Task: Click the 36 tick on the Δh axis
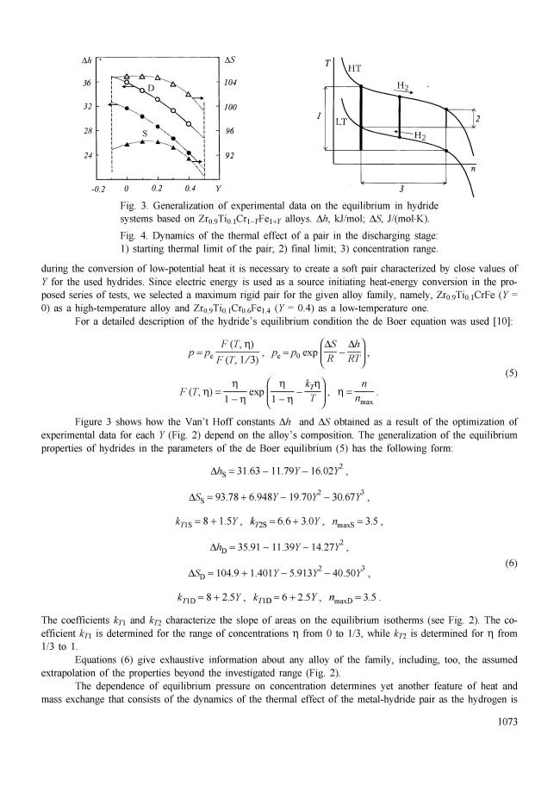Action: [x=86, y=83]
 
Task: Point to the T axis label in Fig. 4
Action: [x=327, y=64]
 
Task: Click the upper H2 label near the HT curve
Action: [x=403, y=86]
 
